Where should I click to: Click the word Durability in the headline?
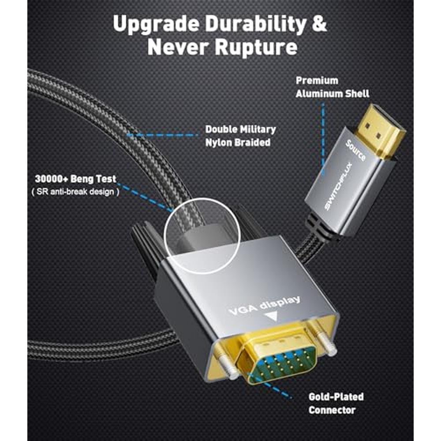pyautogui.click(x=255, y=24)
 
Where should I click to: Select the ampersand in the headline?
pyautogui.click(x=319, y=24)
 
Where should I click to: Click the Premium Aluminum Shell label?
pyautogui.click(x=332, y=87)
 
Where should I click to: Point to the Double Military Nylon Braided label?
pyautogui.click(x=240, y=136)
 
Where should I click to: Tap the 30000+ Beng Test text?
pyautogui.click(x=75, y=179)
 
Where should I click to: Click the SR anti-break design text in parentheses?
pyautogui.click(x=75, y=192)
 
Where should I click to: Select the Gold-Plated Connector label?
pyautogui.click(x=336, y=404)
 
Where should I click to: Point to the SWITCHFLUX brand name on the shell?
pyautogui.click(x=339, y=187)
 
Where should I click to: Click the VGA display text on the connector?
pyautogui.click(x=265, y=306)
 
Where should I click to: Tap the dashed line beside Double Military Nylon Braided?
pyautogui.click(x=163, y=135)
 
